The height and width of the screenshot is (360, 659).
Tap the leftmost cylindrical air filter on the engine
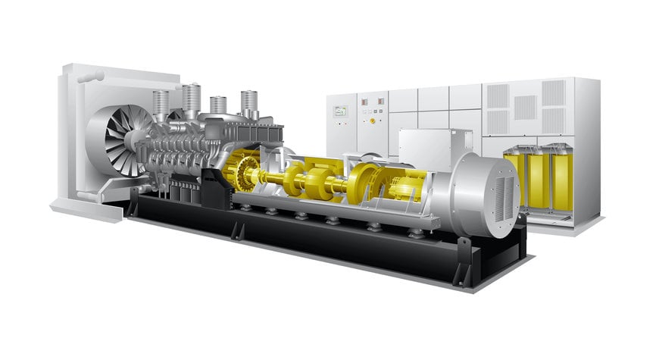tap(160, 103)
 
